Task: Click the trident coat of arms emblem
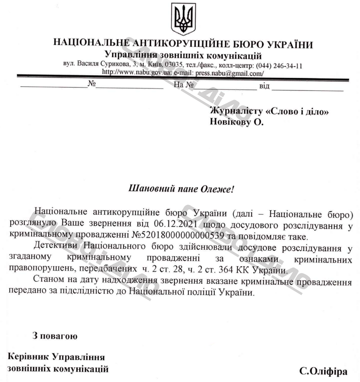(x=183, y=19)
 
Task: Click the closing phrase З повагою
(x=55, y=335)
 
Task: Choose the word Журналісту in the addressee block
(x=235, y=112)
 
